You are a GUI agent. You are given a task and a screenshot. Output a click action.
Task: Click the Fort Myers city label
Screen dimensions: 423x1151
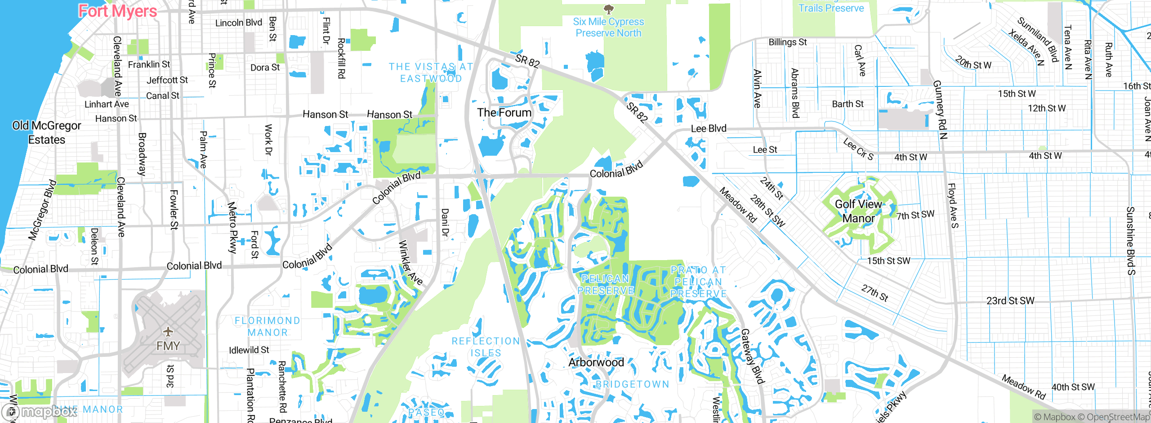118,11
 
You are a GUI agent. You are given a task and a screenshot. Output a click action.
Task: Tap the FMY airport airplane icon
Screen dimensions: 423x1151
168,332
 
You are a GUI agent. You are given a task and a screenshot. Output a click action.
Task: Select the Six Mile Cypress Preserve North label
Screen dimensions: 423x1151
608,27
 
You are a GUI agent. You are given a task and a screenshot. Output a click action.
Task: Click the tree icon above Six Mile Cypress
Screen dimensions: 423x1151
608,9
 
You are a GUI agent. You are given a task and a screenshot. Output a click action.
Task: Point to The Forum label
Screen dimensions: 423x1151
504,112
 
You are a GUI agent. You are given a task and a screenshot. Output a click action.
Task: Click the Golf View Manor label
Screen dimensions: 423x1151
858,211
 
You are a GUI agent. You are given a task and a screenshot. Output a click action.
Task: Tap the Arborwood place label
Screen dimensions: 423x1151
596,362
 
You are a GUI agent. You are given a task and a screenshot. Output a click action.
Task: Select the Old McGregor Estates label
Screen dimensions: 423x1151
46,132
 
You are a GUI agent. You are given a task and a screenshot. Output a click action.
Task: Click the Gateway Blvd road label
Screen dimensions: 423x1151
752,356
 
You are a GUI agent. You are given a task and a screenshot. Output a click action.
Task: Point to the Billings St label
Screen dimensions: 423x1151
787,42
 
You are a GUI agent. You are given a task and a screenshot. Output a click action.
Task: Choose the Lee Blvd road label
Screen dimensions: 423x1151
708,129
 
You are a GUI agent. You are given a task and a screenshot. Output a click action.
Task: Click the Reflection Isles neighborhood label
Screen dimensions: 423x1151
486,347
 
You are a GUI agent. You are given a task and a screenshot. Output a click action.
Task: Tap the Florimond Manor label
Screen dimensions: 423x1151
268,326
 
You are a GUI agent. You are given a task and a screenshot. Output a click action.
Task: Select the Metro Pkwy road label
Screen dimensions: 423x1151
232,227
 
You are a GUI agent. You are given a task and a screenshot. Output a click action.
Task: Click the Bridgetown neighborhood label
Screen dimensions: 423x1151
632,384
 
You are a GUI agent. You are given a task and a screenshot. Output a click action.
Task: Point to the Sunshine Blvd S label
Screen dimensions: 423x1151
1130,241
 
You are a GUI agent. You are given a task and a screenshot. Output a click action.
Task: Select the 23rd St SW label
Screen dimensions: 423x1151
1010,301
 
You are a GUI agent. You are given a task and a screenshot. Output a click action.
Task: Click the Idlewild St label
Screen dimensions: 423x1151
249,350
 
